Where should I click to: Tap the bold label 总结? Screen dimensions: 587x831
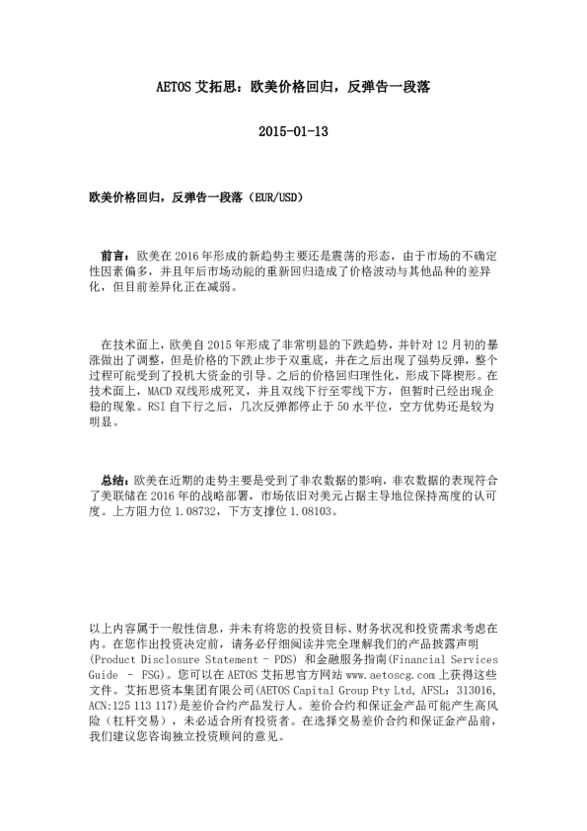[115, 475]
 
